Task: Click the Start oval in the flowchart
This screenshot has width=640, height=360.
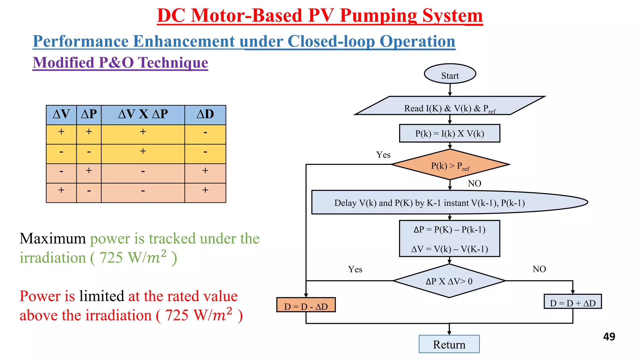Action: point(450,74)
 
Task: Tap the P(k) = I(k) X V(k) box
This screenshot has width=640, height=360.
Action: point(449,133)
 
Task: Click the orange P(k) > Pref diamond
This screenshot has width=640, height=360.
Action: point(450,165)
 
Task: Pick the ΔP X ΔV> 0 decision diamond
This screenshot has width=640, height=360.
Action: point(449,281)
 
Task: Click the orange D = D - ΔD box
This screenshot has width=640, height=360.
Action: point(306,305)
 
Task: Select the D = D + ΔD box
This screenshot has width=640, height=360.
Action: point(572,302)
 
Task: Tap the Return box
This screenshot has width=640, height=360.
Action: point(449,344)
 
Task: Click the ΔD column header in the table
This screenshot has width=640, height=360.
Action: point(205,115)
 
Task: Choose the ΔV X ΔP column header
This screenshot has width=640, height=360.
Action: point(143,115)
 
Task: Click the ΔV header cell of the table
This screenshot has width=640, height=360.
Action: point(61,115)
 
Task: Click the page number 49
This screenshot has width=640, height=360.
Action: point(609,337)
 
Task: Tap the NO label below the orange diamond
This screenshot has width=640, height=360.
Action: point(474,183)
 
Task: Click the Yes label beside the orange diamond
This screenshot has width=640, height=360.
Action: point(383,155)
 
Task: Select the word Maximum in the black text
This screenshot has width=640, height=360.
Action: point(52,238)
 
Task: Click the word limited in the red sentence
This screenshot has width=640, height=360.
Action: point(102,296)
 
